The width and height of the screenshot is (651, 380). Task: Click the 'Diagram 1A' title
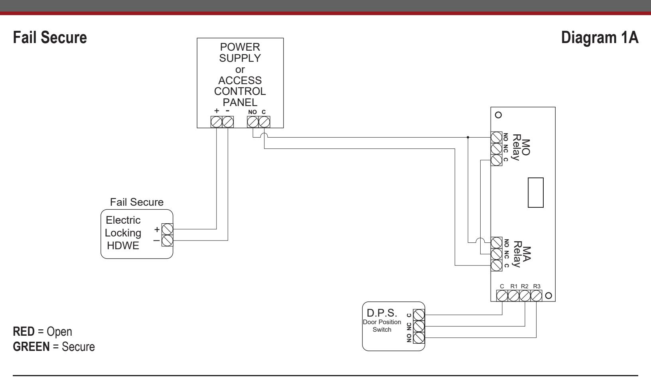pos(600,38)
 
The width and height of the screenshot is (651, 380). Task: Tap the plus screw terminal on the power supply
pos(217,122)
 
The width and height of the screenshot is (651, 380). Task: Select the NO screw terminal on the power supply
pos(253,122)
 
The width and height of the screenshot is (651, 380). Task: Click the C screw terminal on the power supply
pos(264,122)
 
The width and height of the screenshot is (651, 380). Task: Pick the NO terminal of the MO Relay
pos(496,138)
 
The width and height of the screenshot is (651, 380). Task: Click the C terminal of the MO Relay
pos(496,160)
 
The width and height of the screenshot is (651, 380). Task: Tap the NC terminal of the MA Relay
pos(496,254)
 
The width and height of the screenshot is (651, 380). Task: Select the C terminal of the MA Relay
pos(496,265)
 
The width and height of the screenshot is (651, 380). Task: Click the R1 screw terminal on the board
pos(513,296)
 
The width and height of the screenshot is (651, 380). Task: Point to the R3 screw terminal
pos(536,296)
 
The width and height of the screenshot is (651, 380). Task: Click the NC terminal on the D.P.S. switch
pos(419,326)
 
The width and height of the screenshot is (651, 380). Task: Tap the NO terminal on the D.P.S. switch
pos(419,338)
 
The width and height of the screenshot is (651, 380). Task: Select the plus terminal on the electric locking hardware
pos(168,229)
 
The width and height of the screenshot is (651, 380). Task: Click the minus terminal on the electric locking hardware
pos(168,240)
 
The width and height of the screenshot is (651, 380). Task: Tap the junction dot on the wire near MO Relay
pos(468,138)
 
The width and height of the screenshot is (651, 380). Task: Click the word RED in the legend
pos(24,331)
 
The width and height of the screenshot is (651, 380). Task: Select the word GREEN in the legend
pos(31,347)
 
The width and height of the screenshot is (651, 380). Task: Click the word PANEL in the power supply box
pos(240,102)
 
